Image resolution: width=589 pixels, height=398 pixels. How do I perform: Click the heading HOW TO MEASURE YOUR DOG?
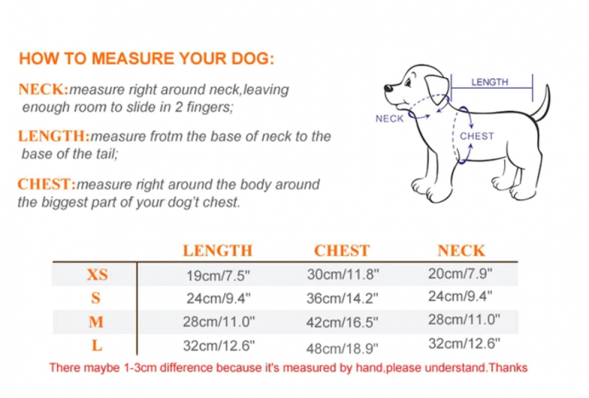(x=146, y=58)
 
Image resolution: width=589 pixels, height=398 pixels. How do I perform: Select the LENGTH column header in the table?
(x=218, y=251)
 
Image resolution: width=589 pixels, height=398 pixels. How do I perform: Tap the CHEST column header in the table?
(x=342, y=251)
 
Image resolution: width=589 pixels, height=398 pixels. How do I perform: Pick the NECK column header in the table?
(x=461, y=251)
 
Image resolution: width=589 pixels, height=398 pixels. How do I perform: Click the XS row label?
(x=97, y=274)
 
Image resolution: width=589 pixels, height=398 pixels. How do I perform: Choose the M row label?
(x=96, y=322)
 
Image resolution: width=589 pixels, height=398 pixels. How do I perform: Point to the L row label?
(x=97, y=345)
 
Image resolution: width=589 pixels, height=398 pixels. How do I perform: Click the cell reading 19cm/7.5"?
(x=218, y=276)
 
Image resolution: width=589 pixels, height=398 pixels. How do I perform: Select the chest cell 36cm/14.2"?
(x=342, y=298)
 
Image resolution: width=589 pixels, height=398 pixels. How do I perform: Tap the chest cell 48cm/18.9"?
(x=342, y=349)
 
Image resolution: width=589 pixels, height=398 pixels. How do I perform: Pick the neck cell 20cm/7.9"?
(x=460, y=274)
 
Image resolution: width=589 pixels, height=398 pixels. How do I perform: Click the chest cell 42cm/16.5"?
(x=342, y=322)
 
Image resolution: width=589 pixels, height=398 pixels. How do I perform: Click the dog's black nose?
(x=388, y=88)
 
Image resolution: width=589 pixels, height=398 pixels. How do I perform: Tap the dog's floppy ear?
(x=436, y=89)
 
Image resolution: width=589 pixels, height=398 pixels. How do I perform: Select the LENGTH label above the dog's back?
(x=490, y=82)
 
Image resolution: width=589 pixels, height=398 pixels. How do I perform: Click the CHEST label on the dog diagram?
(x=477, y=136)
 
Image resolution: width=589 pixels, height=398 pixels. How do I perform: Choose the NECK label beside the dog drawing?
(x=390, y=118)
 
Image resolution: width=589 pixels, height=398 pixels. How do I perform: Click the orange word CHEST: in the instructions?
(x=47, y=184)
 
